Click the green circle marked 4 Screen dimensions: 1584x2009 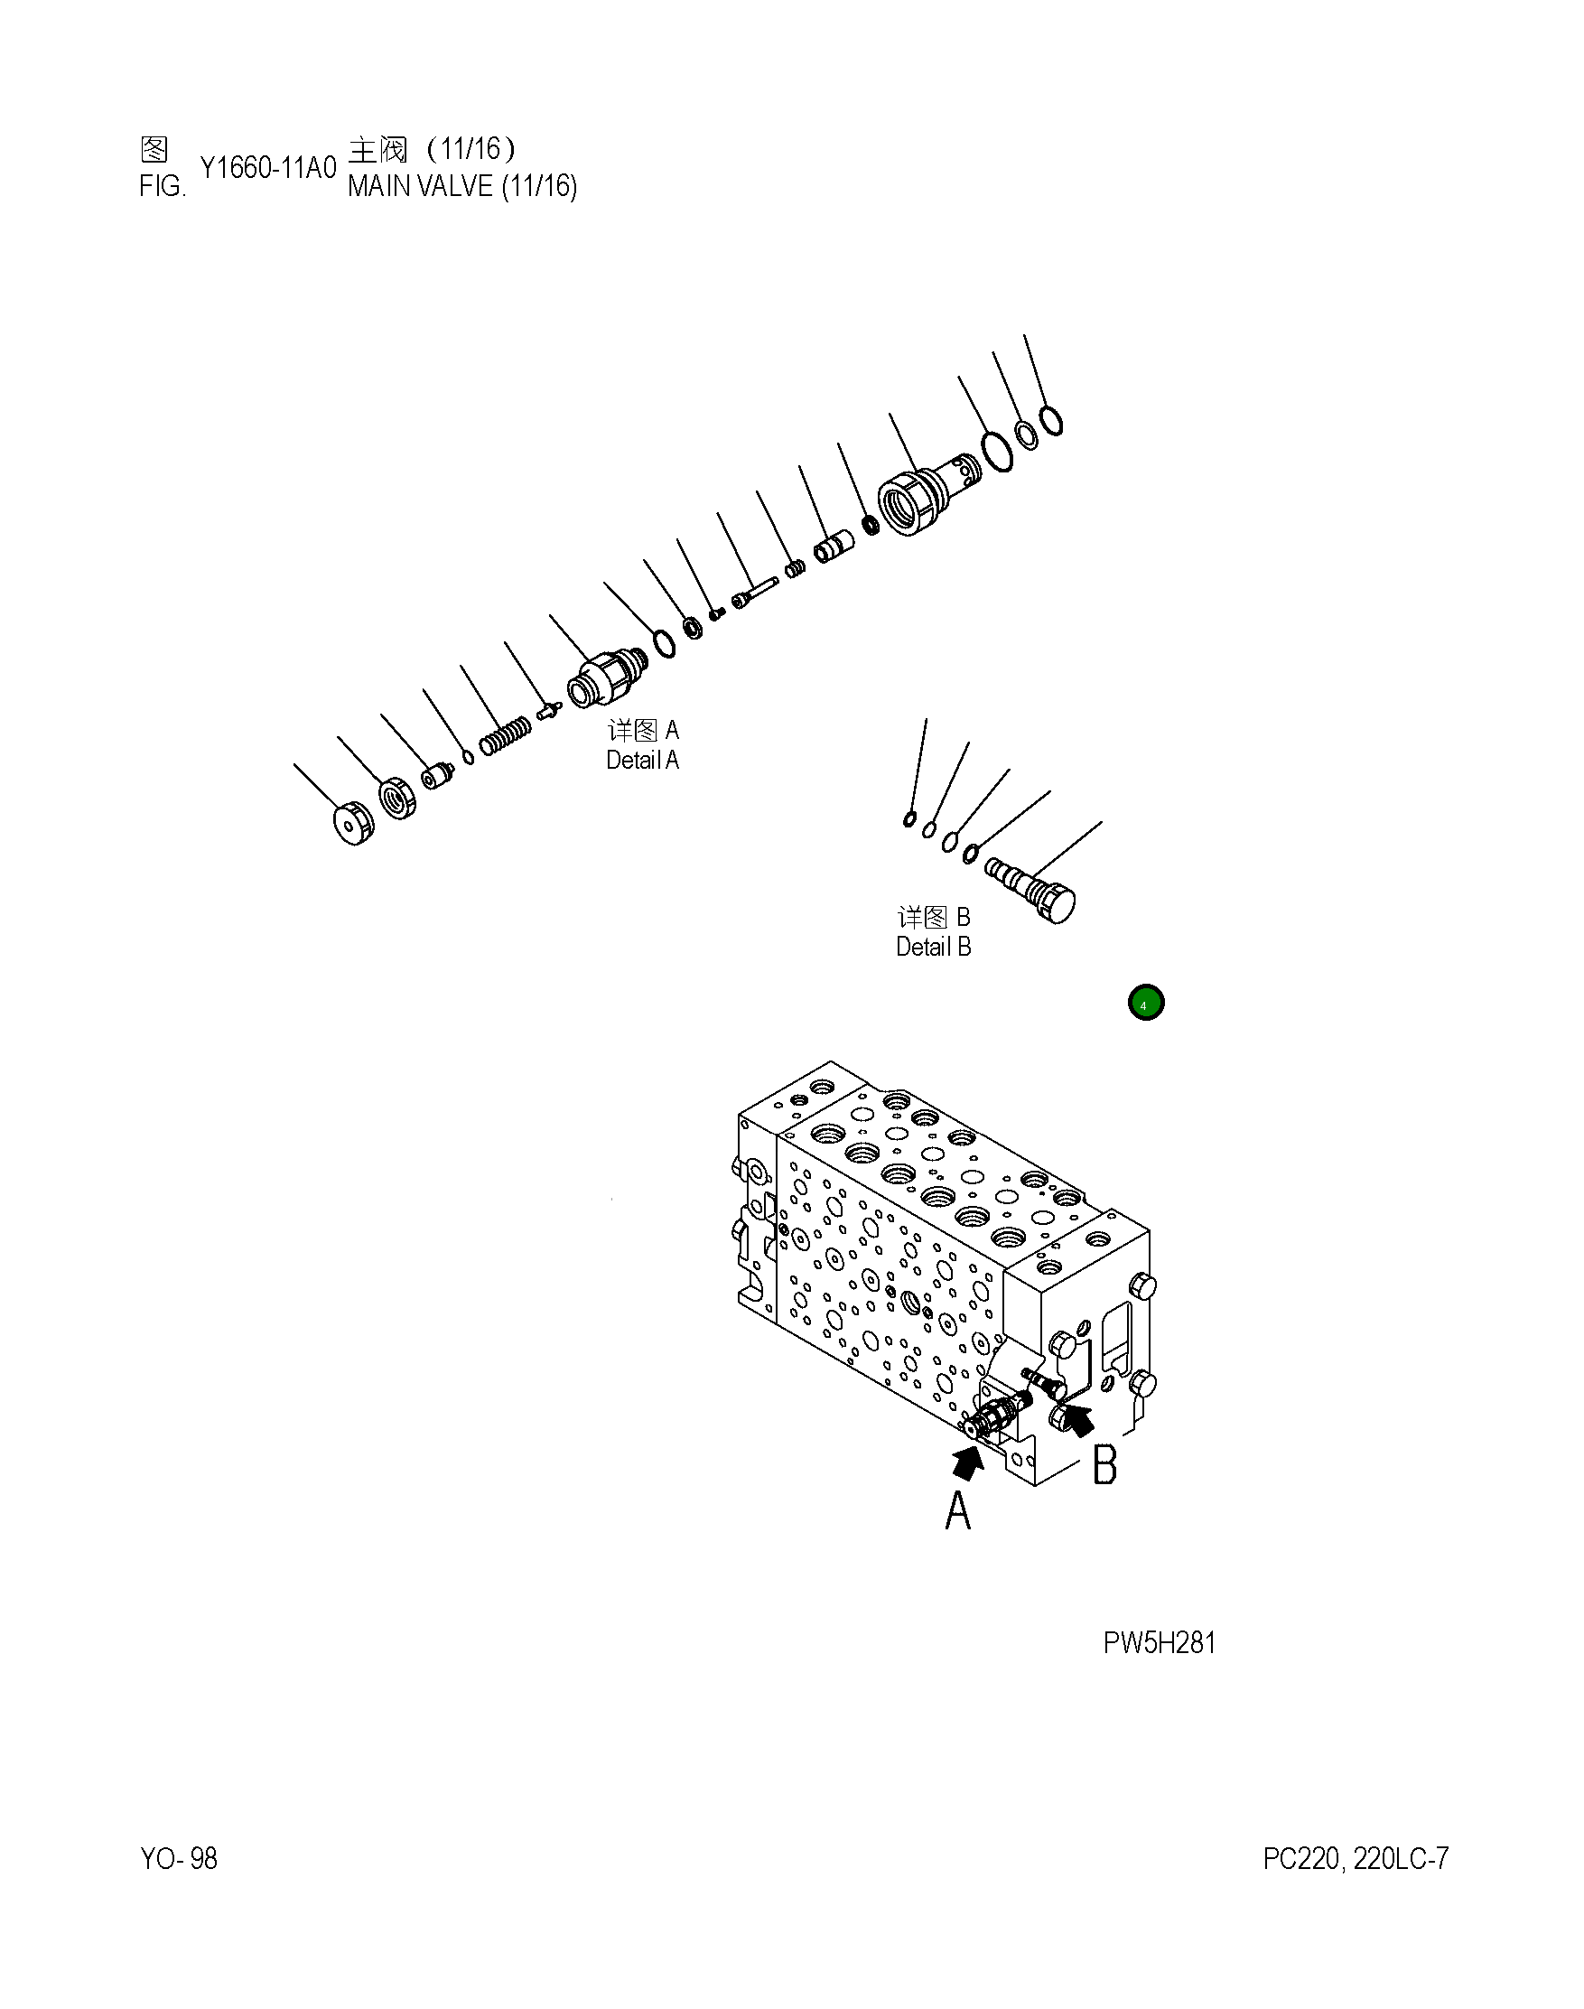tap(1145, 1003)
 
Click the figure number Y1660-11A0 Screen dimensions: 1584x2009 tap(268, 168)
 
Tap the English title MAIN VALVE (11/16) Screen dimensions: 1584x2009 tap(461, 186)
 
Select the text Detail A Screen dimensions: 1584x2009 tap(642, 760)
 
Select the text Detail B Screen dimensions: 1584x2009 tap(933, 947)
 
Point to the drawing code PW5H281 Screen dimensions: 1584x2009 tap(1160, 1642)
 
